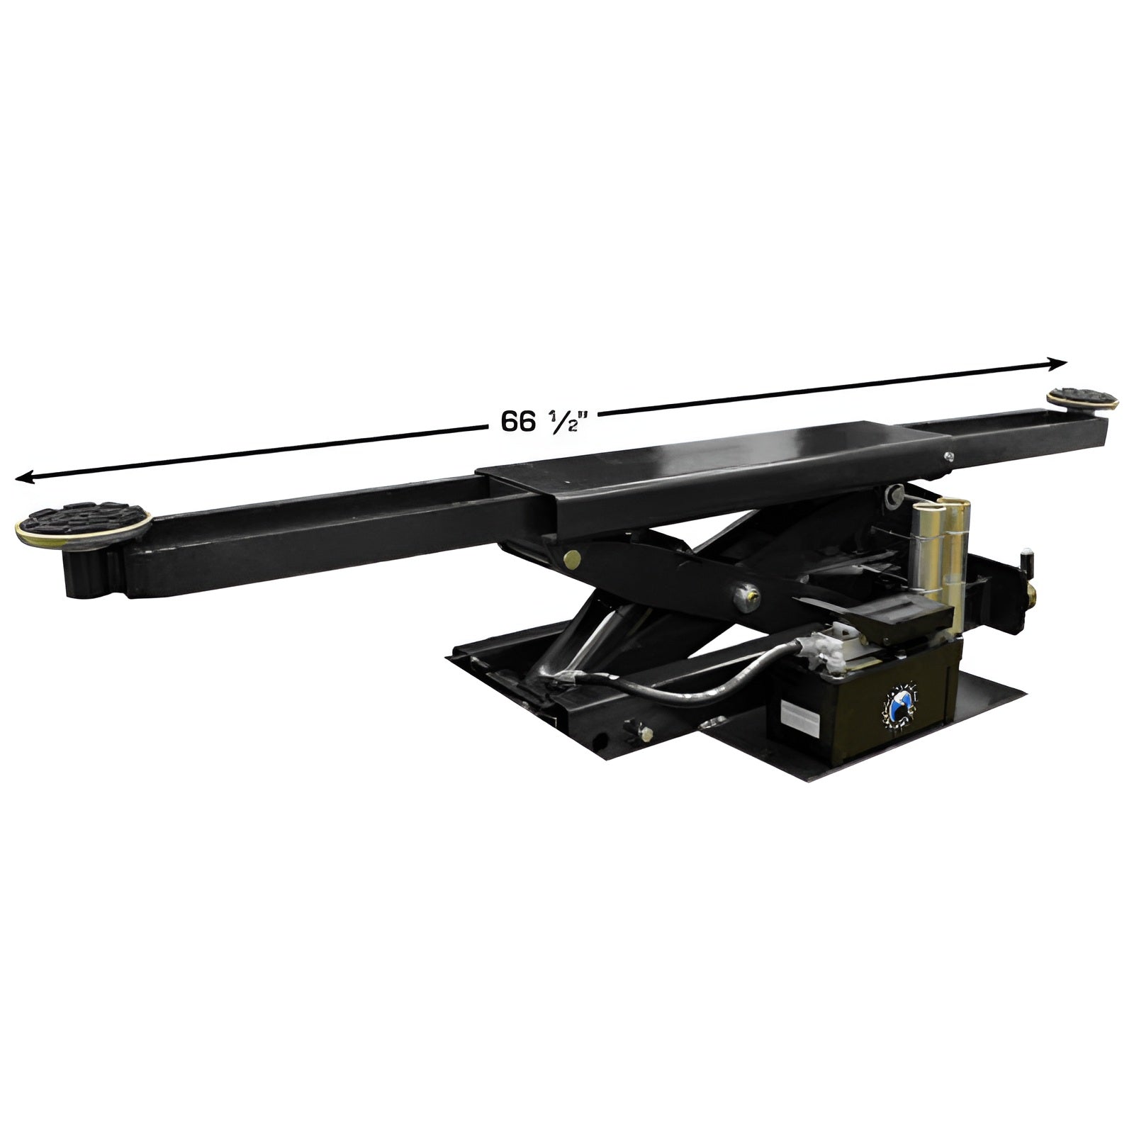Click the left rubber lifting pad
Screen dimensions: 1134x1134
pos(82,523)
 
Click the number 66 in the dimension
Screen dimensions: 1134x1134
pos(518,422)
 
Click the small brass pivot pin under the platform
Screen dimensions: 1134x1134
pos(571,560)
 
